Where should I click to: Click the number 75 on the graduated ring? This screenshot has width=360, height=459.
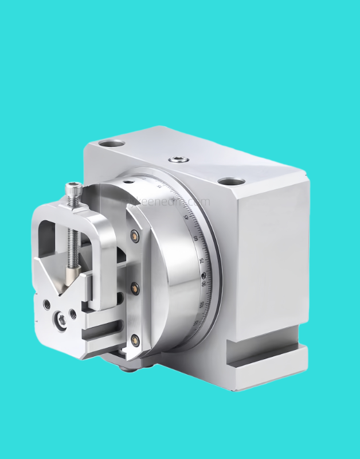[x=201, y=260]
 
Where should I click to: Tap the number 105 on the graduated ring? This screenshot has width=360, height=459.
[x=201, y=305]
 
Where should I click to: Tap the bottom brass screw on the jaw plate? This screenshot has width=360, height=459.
[x=135, y=339]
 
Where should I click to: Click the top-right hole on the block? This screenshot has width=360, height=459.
[x=232, y=181]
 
